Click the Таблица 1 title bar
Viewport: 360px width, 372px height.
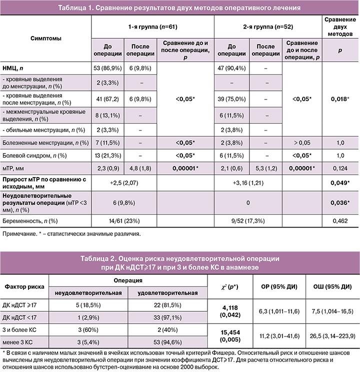click(179, 8)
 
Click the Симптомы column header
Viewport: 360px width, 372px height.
click(46, 38)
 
